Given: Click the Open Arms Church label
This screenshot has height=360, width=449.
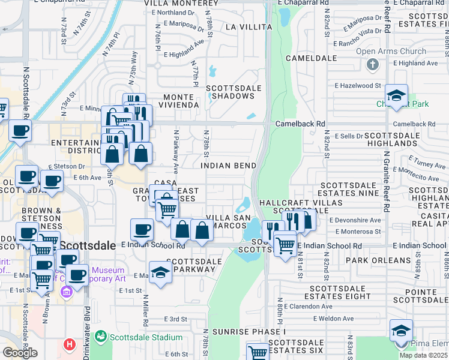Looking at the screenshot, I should (x=390, y=51).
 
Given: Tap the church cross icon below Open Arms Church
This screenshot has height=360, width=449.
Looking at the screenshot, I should (x=372, y=64).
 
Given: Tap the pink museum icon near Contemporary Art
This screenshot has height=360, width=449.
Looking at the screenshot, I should (x=66, y=291).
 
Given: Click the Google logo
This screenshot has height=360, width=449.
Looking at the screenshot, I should (x=20, y=353).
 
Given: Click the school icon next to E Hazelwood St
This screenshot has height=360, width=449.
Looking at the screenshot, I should (x=396, y=95).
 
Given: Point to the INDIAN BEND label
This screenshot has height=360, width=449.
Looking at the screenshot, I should (x=228, y=165).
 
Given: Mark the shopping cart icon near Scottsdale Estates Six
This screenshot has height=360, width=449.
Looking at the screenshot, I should (x=258, y=352).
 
